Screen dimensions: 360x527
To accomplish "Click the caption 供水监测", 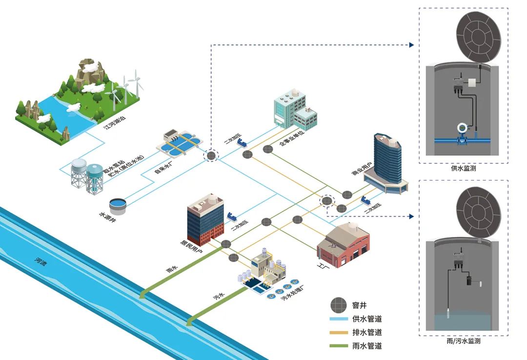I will [x=464, y=168].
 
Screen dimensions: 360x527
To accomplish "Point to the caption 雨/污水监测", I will [x=464, y=341].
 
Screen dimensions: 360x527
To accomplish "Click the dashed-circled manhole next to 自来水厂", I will [x=211, y=155].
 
